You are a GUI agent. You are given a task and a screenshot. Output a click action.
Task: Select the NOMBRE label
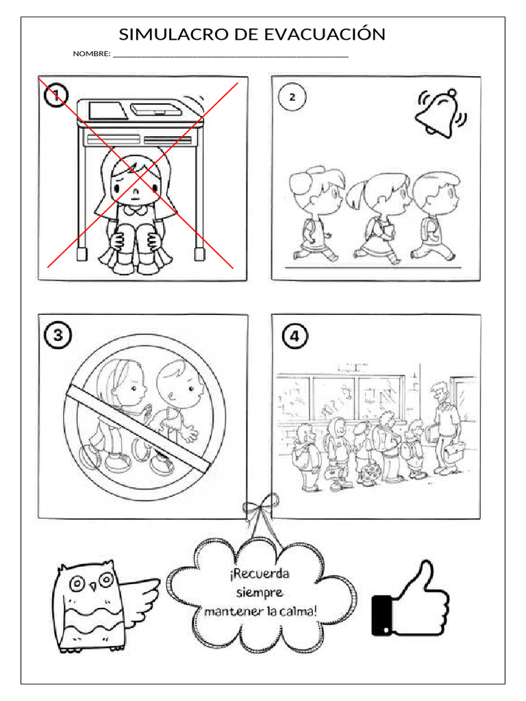tap(91, 53)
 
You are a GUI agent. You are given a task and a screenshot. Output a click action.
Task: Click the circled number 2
tap(292, 97)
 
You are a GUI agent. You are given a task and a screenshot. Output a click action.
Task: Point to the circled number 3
tap(58, 335)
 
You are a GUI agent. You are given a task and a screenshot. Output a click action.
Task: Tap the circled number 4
tap(295, 335)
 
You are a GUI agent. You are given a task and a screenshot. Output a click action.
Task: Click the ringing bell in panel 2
tap(441, 113)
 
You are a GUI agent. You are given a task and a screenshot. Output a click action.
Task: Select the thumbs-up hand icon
tap(411, 599)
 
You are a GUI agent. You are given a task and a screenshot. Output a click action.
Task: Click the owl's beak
tap(93, 586)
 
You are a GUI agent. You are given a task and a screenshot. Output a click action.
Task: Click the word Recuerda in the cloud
tap(260, 574)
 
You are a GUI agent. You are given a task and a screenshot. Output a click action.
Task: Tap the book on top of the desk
tap(108, 111)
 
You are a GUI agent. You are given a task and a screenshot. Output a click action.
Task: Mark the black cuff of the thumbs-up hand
tap(381, 615)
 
